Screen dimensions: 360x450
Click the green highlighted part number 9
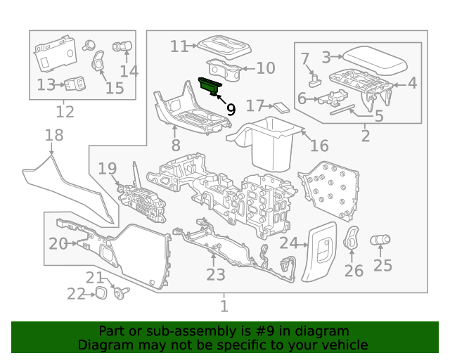coord(210,85)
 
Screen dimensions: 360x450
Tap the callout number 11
coord(179,46)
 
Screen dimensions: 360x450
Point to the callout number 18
coord(54,134)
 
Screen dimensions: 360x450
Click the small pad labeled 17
coord(281,108)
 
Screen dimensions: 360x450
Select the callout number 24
coord(289,244)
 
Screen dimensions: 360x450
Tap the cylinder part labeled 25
coord(380,240)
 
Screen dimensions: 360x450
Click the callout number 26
coord(354,271)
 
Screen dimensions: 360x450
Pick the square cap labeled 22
coord(102,292)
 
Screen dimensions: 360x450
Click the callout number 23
coord(215,275)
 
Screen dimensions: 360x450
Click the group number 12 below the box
coord(65,112)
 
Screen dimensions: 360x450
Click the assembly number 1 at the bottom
coord(224,307)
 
